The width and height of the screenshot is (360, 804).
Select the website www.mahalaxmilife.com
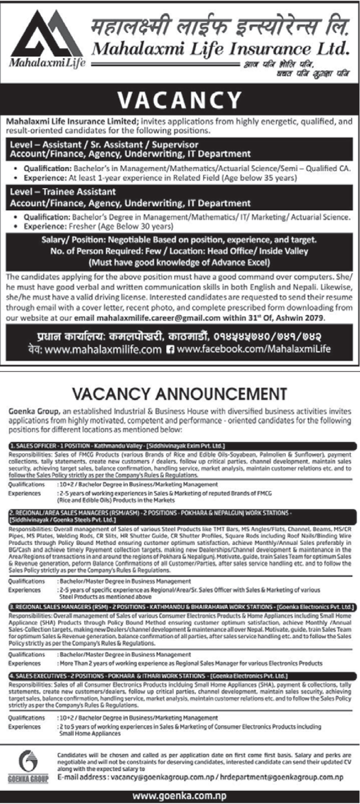click(103, 349)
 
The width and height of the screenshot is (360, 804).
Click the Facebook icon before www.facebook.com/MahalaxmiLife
click(170, 349)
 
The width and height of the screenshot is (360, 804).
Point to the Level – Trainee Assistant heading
click(63, 192)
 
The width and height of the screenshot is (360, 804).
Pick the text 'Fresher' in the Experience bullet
click(86, 226)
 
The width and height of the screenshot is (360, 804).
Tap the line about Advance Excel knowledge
click(179, 263)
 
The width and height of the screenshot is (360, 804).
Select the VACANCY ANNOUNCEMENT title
click(180, 394)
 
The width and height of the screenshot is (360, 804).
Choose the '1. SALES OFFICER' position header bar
click(182, 446)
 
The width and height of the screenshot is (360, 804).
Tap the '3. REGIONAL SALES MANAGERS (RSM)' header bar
click(182, 606)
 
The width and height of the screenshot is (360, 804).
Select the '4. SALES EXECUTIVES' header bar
click(182, 676)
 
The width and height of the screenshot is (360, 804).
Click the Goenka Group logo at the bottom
click(28, 766)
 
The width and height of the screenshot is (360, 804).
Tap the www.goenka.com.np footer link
click(179, 796)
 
